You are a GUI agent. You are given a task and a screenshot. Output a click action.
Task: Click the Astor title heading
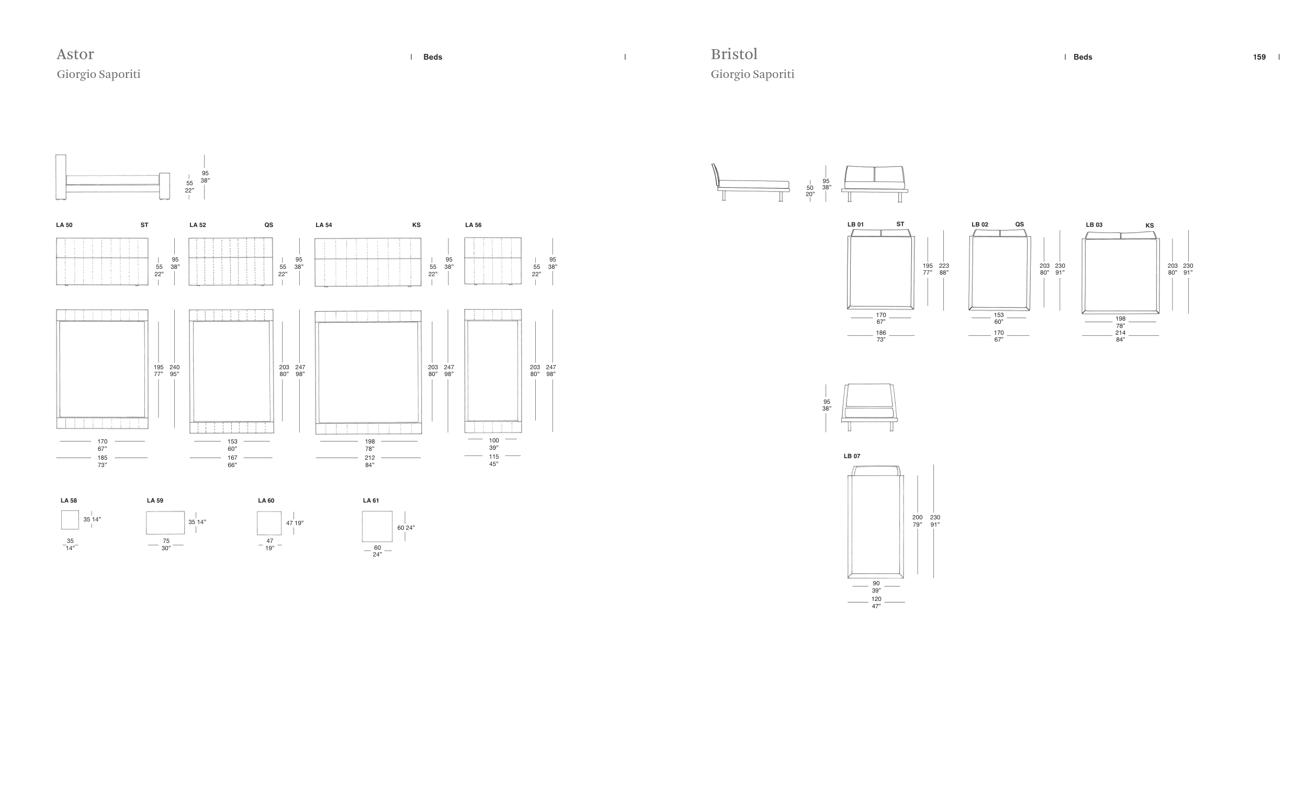(75, 54)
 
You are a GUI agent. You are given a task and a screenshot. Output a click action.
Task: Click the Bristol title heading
(734, 54)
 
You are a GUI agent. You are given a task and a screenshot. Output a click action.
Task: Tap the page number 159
(1259, 58)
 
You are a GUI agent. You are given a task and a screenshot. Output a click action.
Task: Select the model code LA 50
(64, 225)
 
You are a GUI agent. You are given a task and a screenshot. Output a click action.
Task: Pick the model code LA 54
(323, 225)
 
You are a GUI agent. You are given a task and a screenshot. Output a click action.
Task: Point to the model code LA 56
(473, 225)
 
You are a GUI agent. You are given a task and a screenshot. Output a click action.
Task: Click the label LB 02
(979, 224)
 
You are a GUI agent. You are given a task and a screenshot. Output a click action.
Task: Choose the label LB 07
(851, 456)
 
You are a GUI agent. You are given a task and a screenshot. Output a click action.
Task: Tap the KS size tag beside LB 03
(1149, 225)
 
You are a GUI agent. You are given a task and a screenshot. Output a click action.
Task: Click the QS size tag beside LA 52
(268, 225)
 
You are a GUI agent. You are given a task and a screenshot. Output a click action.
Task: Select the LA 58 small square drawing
(70, 519)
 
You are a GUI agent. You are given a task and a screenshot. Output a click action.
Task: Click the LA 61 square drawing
(377, 527)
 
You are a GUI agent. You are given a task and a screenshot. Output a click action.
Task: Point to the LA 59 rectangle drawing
(165, 522)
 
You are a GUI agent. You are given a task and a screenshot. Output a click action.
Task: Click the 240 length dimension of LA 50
(174, 367)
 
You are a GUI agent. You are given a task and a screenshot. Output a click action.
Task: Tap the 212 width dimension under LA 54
(369, 458)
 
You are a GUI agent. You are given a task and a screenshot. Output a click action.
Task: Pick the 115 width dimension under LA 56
(494, 457)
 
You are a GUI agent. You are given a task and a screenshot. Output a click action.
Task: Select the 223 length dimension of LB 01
(943, 266)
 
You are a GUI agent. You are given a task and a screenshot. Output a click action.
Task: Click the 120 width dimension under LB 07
(876, 599)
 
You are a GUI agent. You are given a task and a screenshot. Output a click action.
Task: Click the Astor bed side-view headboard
(61, 177)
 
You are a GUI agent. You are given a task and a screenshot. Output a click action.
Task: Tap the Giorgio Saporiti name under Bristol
(752, 74)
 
